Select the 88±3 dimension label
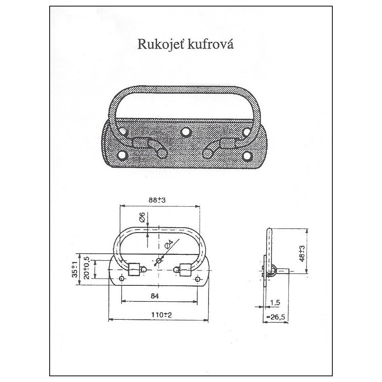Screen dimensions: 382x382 [x=157, y=200]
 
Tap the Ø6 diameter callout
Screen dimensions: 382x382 [x=142, y=217]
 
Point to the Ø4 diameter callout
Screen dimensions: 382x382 [x=168, y=244]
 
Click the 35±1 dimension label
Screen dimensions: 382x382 [x=75, y=269]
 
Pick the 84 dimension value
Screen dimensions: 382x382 [x=155, y=296]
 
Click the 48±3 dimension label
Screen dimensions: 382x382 [x=302, y=254]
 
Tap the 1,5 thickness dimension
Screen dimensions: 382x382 [x=275, y=303]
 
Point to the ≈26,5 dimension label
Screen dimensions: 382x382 [x=275, y=317]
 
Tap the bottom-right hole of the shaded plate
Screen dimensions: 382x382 [x=248, y=155]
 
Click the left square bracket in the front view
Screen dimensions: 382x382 [x=134, y=269]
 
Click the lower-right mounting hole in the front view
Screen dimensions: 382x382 [x=198, y=279]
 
